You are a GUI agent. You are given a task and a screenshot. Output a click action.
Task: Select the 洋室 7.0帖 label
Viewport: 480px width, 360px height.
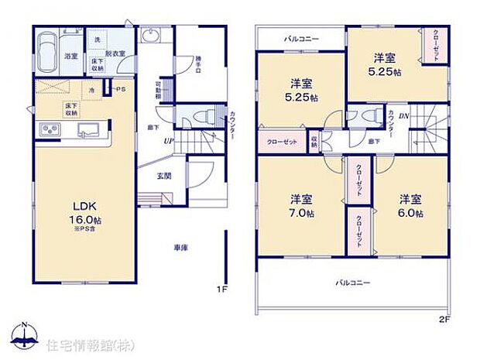[x=302, y=204]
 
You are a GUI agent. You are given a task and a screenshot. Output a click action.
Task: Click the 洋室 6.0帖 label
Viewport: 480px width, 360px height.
[x=411, y=204]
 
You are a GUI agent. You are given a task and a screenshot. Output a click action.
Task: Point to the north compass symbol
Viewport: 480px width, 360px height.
[x=25, y=336]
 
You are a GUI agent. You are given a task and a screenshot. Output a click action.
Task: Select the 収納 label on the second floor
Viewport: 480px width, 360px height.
[x=314, y=142]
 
